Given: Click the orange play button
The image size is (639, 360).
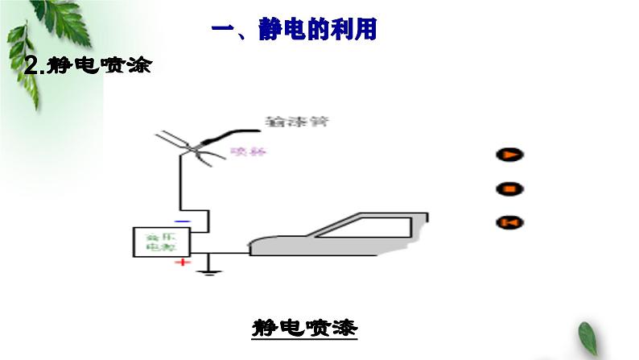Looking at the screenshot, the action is click(x=509, y=155).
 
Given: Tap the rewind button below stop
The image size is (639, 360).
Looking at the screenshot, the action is click(x=509, y=222).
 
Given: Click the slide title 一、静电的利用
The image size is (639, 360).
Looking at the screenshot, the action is click(x=294, y=31).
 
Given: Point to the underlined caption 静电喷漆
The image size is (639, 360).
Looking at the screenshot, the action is click(x=304, y=329).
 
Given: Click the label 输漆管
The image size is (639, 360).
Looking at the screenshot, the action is click(x=297, y=122).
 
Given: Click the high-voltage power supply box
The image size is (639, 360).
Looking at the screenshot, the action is click(x=162, y=242).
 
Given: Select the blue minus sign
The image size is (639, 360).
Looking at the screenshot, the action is click(x=183, y=220).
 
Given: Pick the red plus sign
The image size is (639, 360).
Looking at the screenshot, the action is click(x=184, y=263).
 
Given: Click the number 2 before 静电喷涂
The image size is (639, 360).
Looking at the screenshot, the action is click(x=32, y=67).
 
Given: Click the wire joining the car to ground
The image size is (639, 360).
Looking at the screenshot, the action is click(x=229, y=253).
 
